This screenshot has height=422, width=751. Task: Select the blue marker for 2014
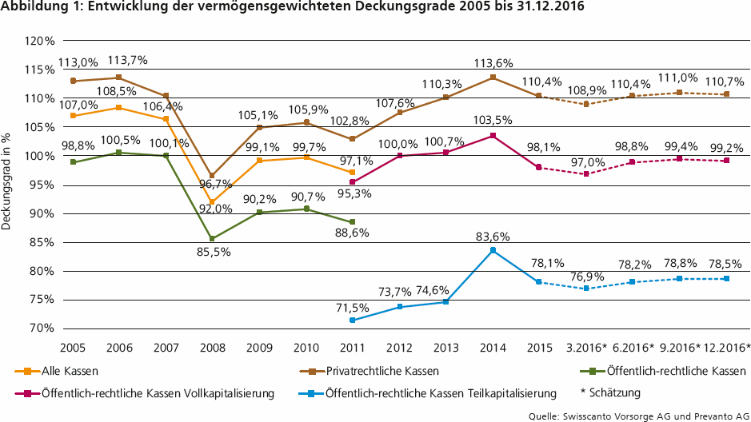493,250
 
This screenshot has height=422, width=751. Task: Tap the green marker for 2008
212,238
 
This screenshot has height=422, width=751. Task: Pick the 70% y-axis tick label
38,328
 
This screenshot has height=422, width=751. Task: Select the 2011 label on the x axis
352,348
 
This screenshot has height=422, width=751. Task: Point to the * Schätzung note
612,392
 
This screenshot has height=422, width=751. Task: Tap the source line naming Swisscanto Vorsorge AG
637,415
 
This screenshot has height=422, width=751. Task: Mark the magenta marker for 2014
493,135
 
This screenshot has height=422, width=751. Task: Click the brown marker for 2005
73,81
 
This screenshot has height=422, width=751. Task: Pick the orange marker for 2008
212,202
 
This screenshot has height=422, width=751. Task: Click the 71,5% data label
352,306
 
